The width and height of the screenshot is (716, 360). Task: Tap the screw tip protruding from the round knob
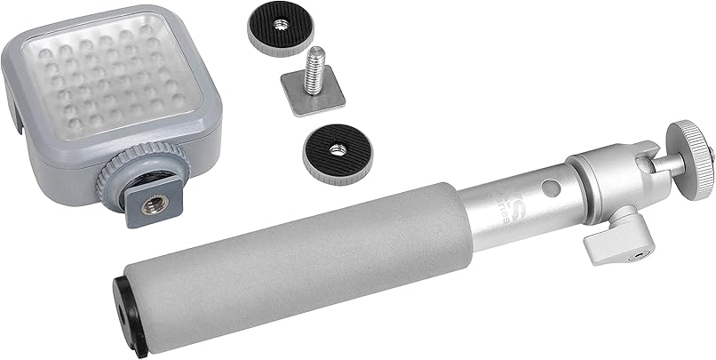coord(712,154)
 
